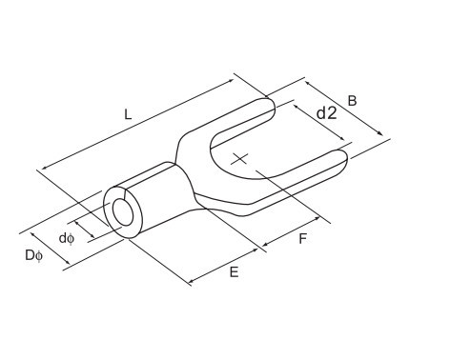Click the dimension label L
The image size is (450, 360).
click(x=128, y=114)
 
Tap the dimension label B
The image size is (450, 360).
click(x=352, y=101)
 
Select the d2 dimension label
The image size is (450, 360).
click(x=327, y=112)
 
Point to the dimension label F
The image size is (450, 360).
click(x=303, y=239)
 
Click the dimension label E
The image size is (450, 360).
click(x=234, y=272)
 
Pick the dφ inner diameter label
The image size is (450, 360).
click(x=67, y=238)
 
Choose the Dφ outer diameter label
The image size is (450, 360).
click(x=33, y=256)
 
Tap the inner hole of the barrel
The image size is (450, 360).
click(x=123, y=212)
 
